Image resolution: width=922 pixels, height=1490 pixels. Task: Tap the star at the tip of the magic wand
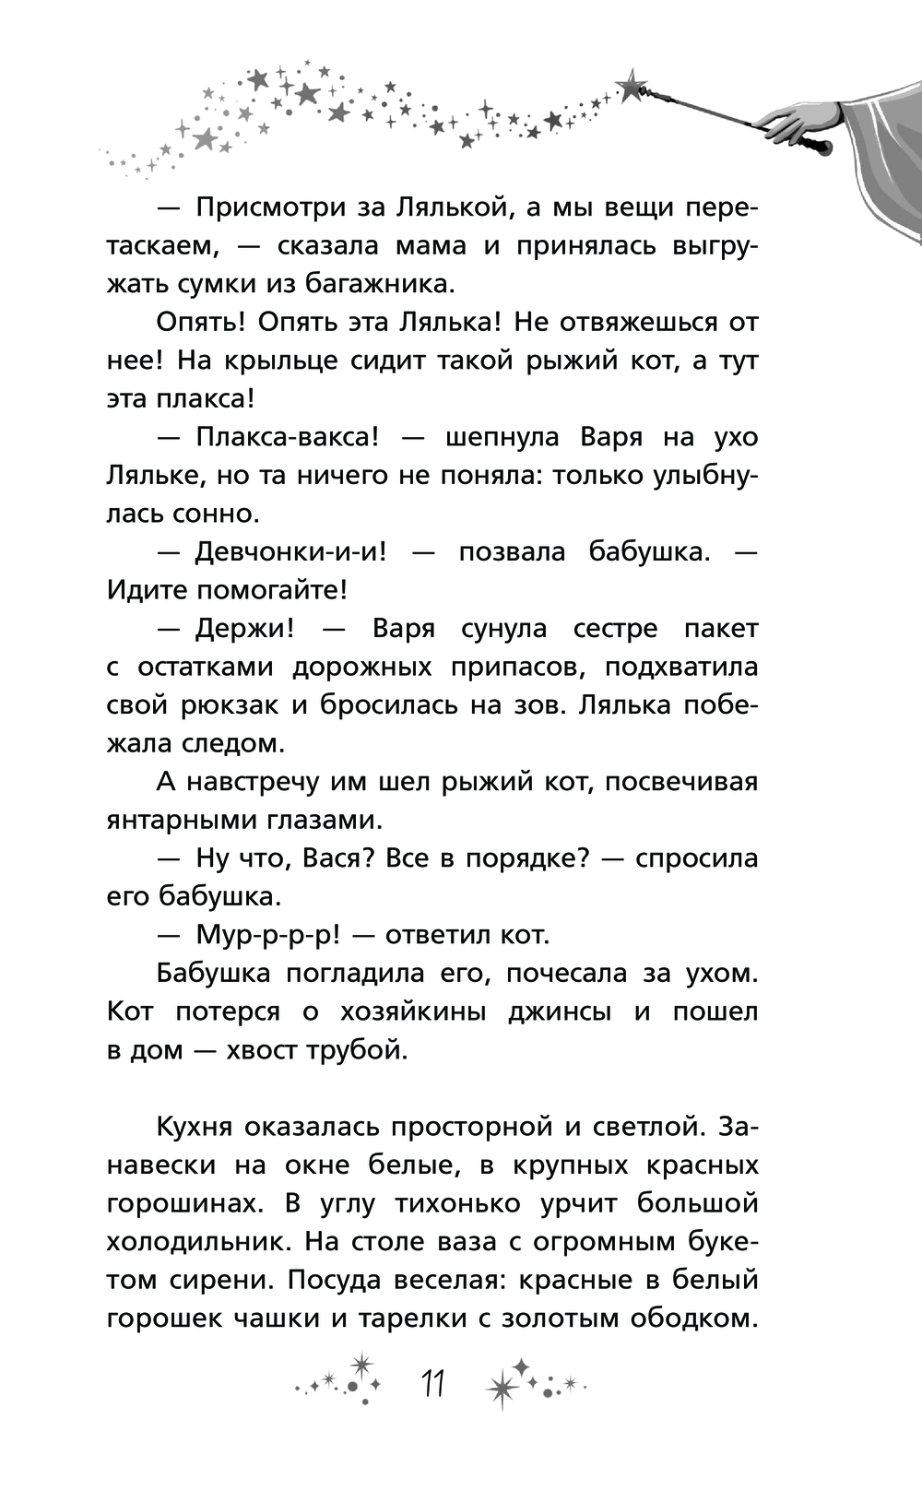coord(632,87)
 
